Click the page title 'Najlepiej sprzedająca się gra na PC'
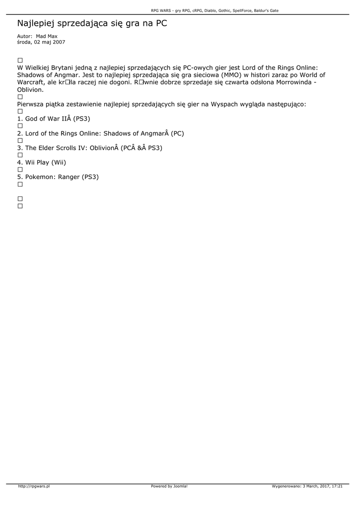[x=92, y=23]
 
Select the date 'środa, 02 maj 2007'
[x=41, y=42]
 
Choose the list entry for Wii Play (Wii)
[x=42, y=162]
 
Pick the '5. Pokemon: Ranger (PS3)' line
[x=58, y=177]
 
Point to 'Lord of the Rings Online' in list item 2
[x=63, y=133]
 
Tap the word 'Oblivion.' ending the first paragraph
[x=31, y=90]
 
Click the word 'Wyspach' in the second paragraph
[x=225, y=104]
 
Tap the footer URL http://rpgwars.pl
[x=34, y=486]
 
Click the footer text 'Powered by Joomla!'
[x=169, y=486]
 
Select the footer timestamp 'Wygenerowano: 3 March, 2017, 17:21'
[x=307, y=486]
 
